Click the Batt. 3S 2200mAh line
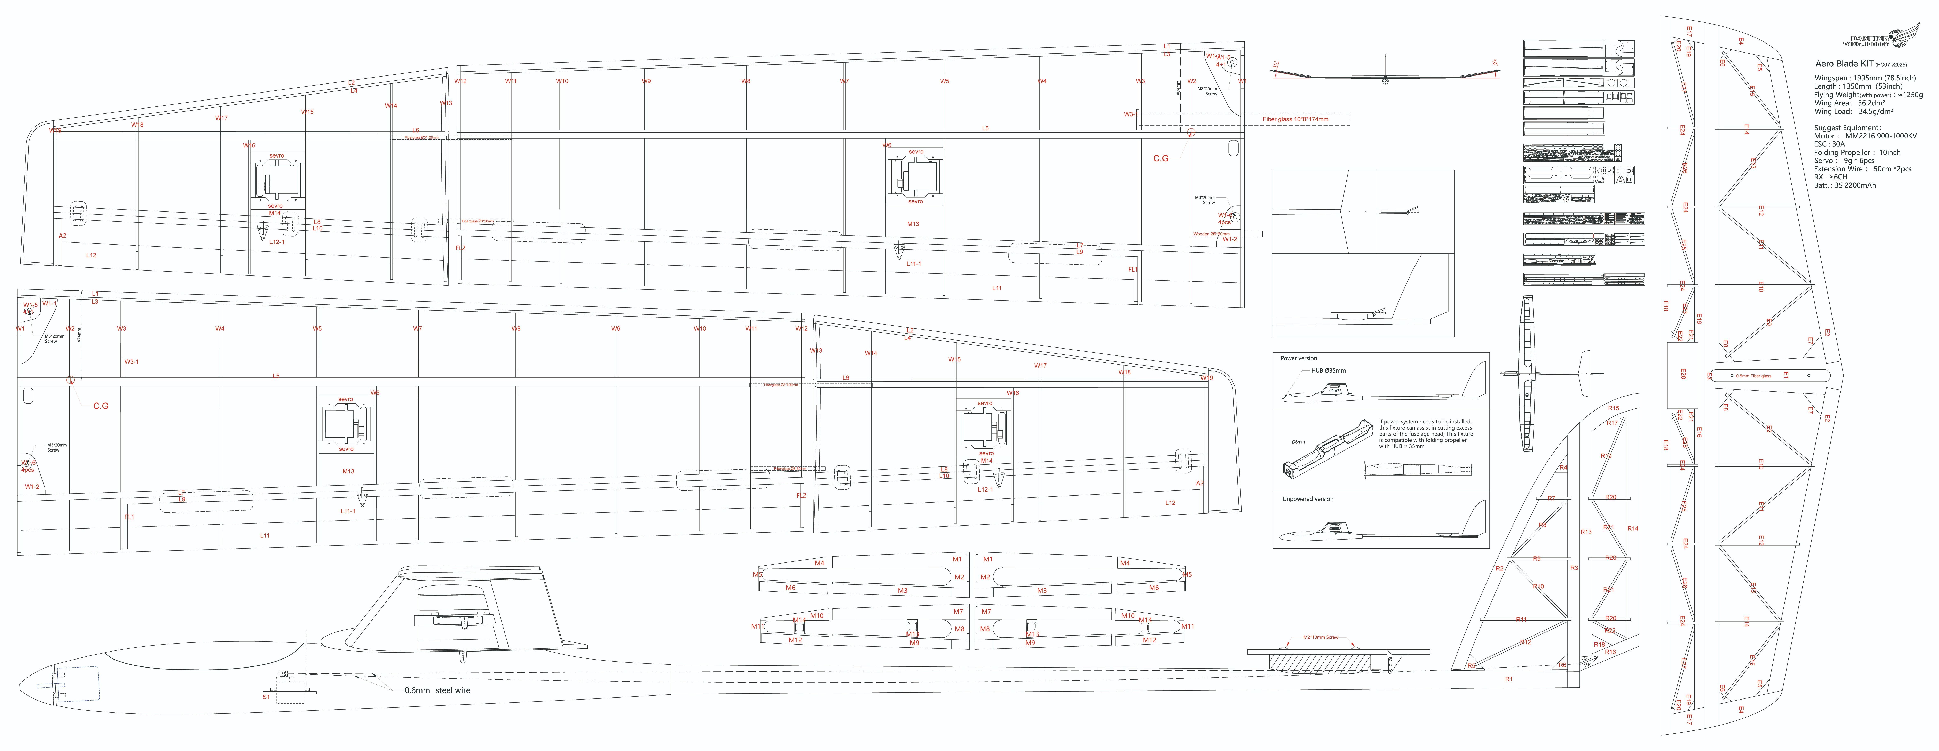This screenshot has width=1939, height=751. [1844, 185]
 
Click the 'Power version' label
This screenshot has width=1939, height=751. [1298, 358]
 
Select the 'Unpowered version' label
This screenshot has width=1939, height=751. [1307, 499]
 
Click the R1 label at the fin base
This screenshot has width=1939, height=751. [1508, 680]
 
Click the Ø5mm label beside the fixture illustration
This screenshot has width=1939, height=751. [1298, 442]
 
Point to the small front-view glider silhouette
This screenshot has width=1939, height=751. [1385, 75]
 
